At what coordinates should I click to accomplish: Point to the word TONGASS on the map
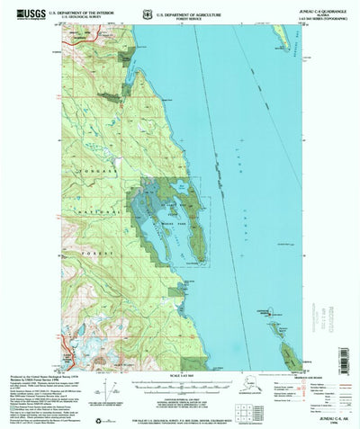point(89,172)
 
